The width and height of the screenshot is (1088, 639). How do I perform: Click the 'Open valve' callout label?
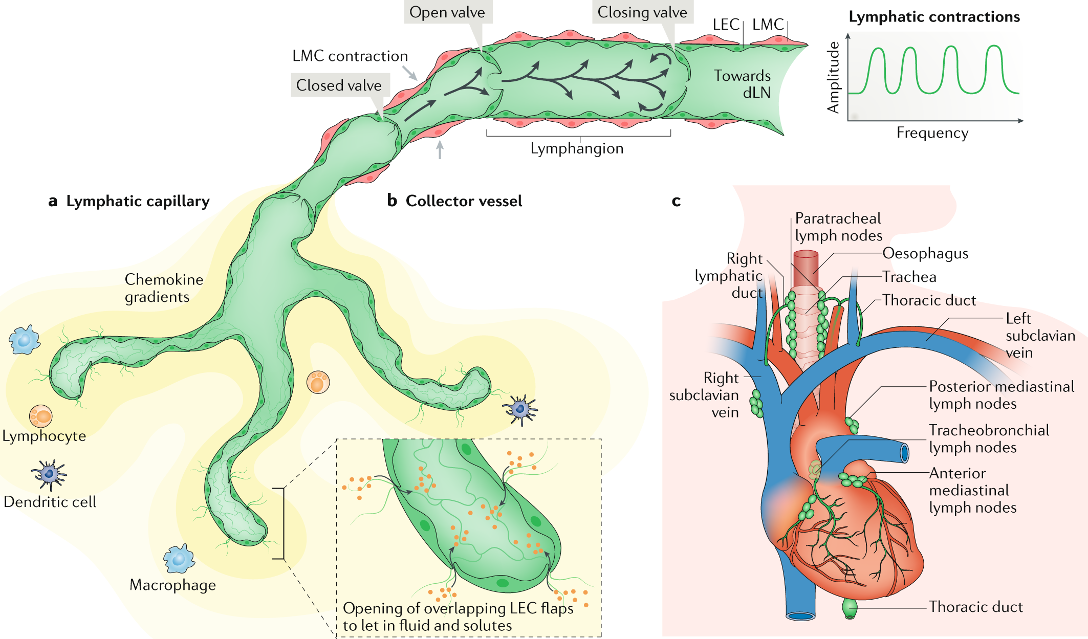447,12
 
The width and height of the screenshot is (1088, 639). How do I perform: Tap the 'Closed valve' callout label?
339,85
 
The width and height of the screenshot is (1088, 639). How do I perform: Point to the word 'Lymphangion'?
577,149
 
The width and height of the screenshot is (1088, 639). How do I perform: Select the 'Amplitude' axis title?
834,77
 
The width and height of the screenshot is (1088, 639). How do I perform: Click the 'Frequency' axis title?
932,133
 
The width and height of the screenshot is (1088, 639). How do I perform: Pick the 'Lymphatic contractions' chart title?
934,17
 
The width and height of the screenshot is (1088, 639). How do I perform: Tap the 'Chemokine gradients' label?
164,288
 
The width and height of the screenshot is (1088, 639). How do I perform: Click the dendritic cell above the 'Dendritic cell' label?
49,474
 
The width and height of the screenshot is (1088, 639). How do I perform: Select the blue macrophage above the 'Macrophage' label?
179,559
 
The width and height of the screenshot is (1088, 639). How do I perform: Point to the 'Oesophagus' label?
925,254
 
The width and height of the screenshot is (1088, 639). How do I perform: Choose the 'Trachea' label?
909,277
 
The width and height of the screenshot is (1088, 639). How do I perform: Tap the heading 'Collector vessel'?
463,201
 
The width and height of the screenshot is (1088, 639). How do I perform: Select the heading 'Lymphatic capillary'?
137,201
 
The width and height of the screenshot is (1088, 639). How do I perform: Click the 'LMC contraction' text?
350,56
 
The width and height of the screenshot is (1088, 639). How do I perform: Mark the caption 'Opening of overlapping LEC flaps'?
458,608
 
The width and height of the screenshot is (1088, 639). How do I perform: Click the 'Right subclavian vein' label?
704,395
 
